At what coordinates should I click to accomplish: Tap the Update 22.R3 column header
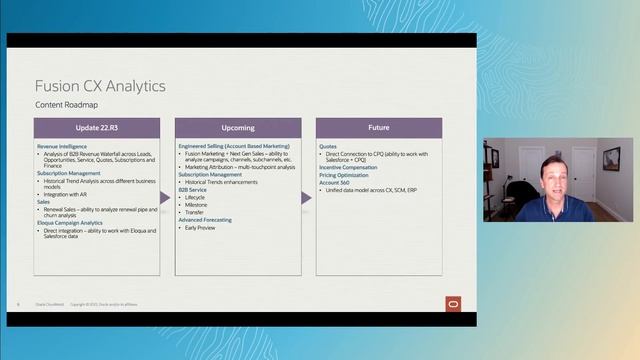[96, 128]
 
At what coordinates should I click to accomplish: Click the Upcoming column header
[237, 128]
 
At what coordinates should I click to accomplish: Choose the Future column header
[379, 128]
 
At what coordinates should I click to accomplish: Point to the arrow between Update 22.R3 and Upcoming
[166, 197]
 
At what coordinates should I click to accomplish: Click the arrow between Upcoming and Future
[307, 197]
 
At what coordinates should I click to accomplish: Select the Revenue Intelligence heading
[62, 145]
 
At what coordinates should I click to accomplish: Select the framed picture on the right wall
[610, 158]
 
